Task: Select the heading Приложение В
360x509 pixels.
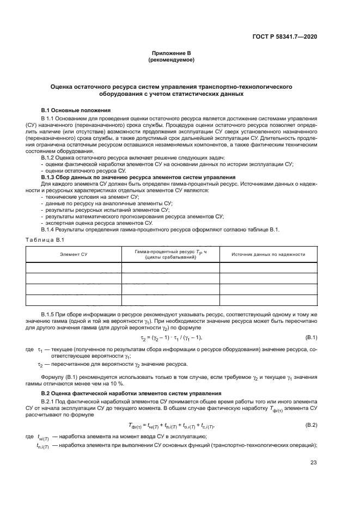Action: pyautogui.click(x=172, y=53)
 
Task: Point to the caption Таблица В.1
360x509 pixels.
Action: pyautogui.click(x=45, y=240)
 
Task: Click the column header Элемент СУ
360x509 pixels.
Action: pyautogui.click(x=74, y=254)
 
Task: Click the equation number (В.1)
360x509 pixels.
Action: pyautogui.click(x=311, y=338)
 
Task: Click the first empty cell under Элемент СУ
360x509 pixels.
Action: pyautogui.click(x=74, y=267)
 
